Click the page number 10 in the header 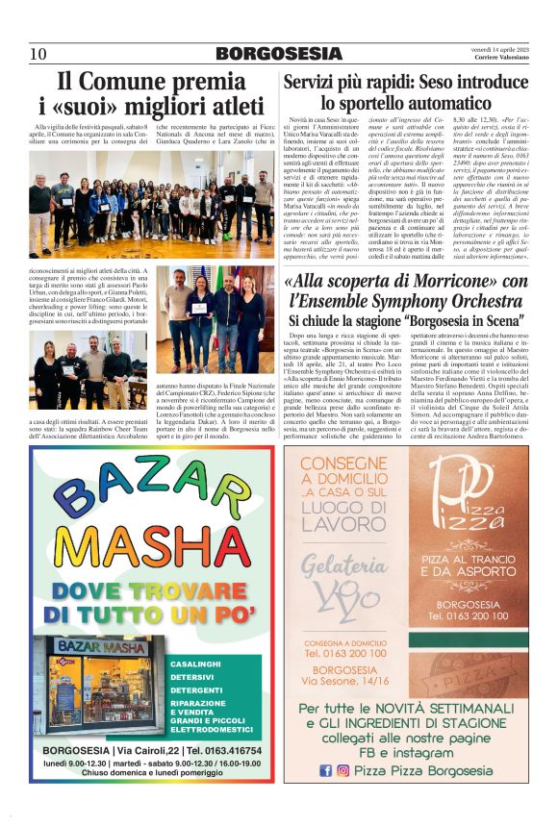pyautogui.click(x=38, y=53)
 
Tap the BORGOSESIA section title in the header pyautogui.click(x=278, y=53)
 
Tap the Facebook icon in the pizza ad pyautogui.click(x=325, y=769)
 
